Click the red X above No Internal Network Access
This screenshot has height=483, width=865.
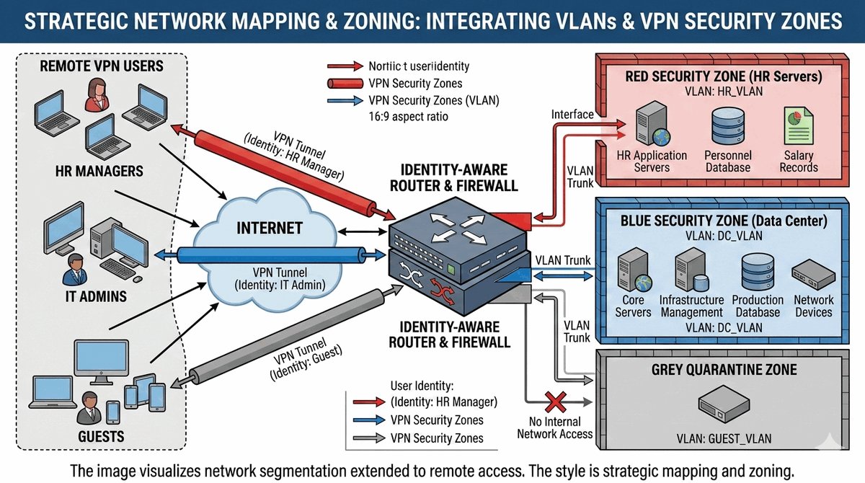tap(554, 400)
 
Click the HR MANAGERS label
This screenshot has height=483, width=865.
tap(99, 172)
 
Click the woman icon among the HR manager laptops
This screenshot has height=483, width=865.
tap(97, 97)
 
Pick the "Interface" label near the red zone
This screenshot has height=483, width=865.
tap(572, 115)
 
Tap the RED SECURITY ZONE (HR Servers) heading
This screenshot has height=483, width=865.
tap(724, 76)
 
